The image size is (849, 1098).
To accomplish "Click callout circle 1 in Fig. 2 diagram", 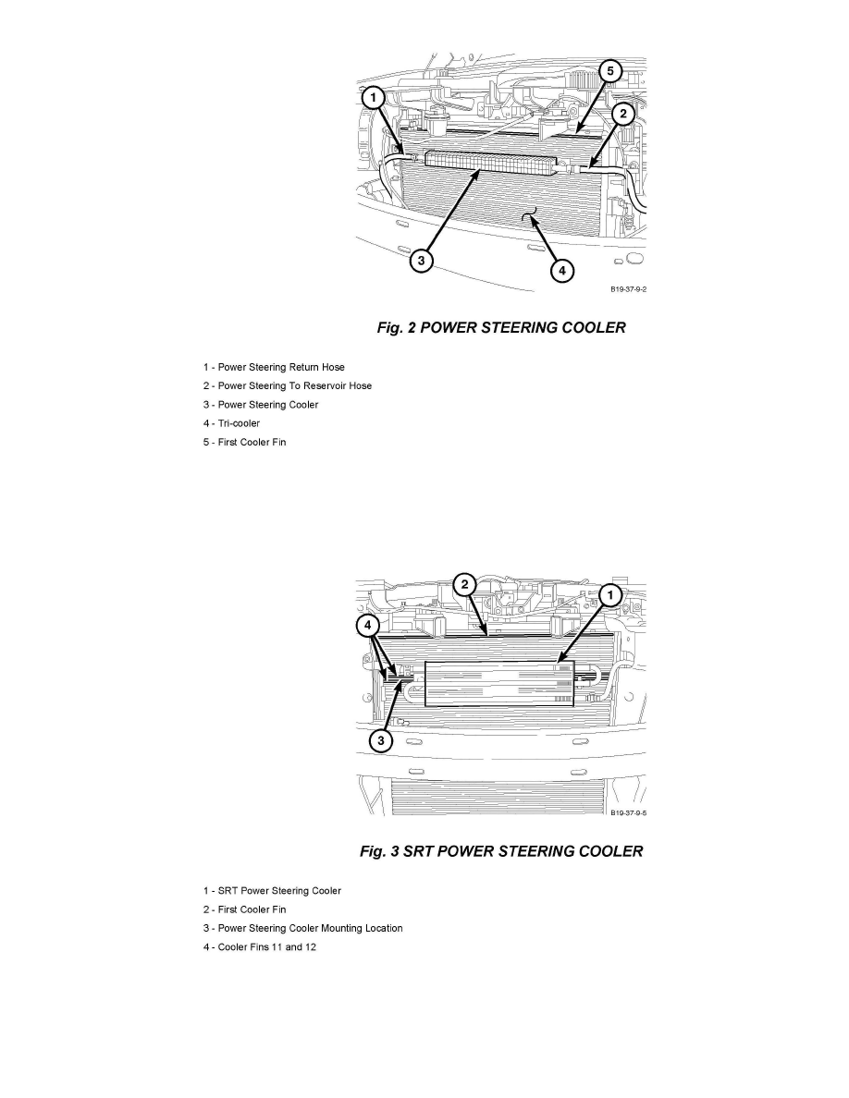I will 373,96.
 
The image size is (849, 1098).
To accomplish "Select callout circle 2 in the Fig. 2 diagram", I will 624,114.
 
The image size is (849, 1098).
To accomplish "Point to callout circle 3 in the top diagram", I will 421,261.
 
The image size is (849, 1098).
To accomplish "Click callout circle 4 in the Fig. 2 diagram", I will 561,271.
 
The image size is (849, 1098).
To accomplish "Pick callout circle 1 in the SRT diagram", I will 609,596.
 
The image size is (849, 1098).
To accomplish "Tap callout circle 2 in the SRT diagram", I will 465,584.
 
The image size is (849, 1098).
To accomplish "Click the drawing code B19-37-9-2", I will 628,288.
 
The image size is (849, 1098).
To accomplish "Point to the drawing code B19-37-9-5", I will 628,813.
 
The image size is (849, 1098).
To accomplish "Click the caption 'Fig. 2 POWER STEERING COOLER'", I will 500,327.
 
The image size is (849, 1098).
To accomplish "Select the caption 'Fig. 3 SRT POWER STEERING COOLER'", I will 500,851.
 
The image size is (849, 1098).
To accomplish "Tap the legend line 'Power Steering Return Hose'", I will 274,368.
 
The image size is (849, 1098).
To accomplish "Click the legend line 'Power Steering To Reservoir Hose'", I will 288,386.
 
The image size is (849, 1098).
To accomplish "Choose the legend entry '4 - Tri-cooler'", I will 231,423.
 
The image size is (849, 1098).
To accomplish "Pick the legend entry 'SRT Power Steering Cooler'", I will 272,891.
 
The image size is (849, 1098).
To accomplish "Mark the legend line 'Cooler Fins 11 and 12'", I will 260,946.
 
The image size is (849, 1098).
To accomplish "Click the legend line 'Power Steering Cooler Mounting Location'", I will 302,928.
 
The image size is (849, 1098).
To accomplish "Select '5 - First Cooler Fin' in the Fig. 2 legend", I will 244,442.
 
